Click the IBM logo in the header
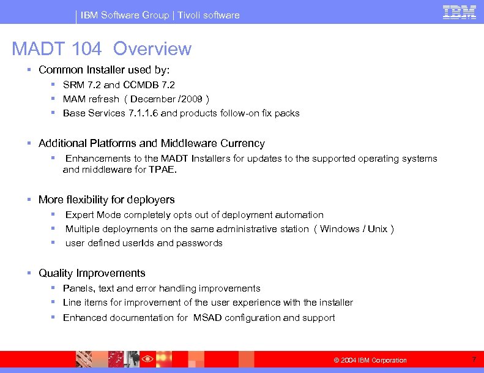point(460,13)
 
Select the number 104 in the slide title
point(86,49)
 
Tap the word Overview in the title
point(152,49)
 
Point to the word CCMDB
point(140,85)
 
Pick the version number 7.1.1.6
point(143,113)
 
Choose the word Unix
point(377,229)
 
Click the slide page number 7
point(474,359)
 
